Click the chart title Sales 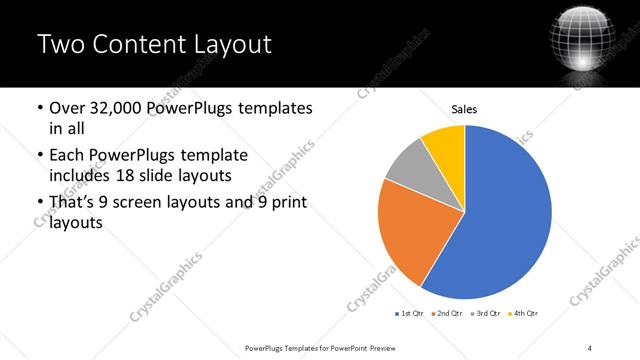[464, 108]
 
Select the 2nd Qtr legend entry [445, 314]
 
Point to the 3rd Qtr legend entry [486, 314]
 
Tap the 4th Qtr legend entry [525, 314]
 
